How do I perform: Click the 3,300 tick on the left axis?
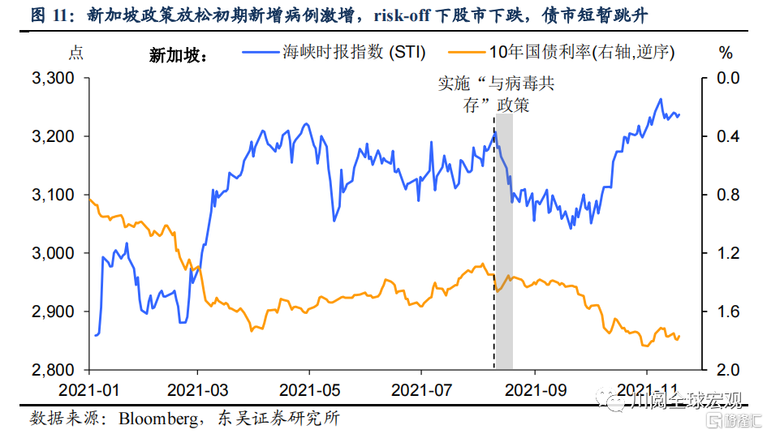[x=51, y=79]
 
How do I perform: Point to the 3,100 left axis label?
[x=51, y=196]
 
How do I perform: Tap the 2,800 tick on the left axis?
[x=51, y=370]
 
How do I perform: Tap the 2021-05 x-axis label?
[x=308, y=389]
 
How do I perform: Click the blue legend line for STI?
[x=259, y=54]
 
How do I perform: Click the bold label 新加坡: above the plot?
[x=179, y=55]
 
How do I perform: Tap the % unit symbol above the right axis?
[x=726, y=54]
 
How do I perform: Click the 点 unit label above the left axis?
[x=75, y=54]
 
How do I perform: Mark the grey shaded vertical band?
[x=503, y=243]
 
